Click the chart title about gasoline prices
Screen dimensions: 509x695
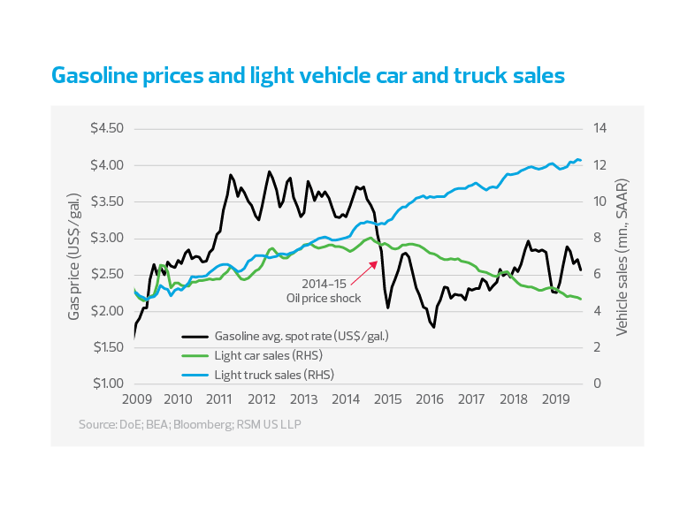tap(309, 76)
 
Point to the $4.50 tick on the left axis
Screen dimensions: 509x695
tap(106, 128)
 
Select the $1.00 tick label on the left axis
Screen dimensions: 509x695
tap(106, 384)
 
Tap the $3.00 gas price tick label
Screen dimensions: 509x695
tap(106, 238)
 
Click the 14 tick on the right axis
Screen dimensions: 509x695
tap(600, 128)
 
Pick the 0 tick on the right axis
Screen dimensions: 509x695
tap(597, 384)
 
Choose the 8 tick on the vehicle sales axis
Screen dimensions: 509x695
tap(597, 238)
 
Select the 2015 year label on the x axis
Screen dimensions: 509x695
tap(387, 399)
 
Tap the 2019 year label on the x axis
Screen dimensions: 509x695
tap(555, 399)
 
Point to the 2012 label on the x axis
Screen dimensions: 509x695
tap(261, 399)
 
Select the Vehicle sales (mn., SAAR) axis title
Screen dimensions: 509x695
tap(622, 256)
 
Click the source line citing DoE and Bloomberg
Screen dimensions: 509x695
tap(189, 426)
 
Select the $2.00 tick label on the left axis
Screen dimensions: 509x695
tap(106, 311)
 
